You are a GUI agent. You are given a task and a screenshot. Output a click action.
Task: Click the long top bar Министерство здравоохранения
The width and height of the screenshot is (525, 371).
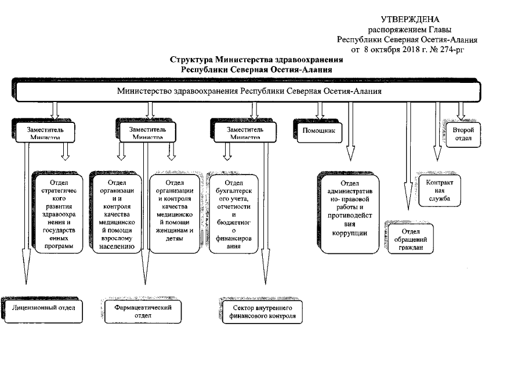point(249,92)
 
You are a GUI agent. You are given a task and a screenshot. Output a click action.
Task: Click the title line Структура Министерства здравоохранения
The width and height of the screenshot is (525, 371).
point(256,60)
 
